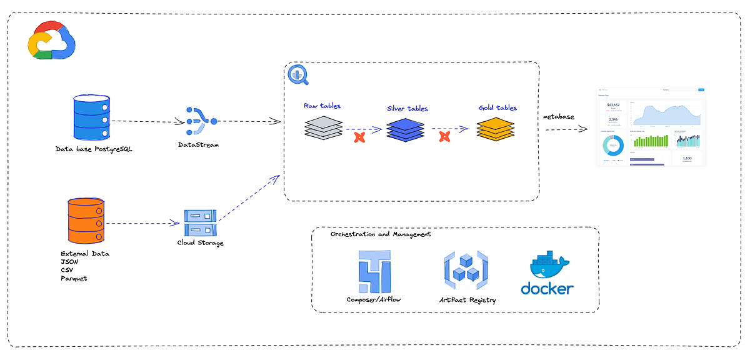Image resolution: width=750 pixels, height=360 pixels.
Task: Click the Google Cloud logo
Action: (x=51, y=41)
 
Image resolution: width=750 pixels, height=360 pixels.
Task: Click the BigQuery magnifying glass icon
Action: (x=297, y=75)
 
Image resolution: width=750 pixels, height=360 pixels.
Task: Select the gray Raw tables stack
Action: (x=324, y=127)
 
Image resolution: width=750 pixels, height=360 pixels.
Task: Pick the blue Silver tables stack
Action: (x=405, y=129)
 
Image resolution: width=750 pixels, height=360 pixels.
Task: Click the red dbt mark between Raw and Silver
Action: (x=359, y=137)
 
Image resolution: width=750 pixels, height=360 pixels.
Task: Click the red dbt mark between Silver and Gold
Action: (x=445, y=136)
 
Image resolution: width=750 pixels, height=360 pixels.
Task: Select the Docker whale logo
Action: (x=547, y=274)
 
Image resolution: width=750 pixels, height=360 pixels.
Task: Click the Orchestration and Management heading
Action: (x=380, y=234)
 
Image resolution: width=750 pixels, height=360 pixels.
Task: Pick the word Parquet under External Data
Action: (x=74, y=278)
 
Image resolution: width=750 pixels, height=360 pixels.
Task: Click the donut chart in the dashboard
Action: (x=613, y=146)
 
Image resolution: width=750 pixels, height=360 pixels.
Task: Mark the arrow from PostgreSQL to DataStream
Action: (x=145, y=122)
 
